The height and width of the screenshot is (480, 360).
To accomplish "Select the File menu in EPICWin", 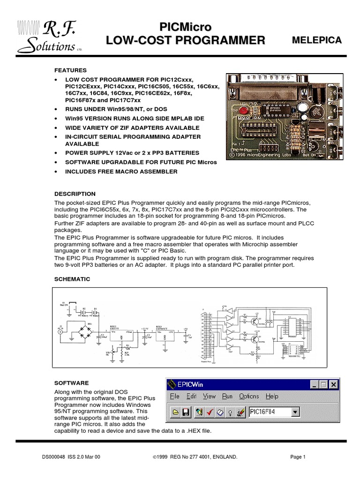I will pyautogui.click(x=174, y=397).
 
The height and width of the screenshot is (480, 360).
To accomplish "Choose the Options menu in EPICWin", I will pyautogui.click(x=248, y=397).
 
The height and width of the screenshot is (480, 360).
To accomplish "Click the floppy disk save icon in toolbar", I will pyautogui.click(x=186, y=412).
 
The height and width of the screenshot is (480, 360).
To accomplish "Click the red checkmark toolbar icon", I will pyautogui.click(x=209, y=412).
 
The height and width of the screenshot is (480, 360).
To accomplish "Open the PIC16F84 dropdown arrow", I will pyautogui.click(x=295, y=412).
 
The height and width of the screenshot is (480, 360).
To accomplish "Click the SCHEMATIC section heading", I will pyautogui.click(x=72, y=279).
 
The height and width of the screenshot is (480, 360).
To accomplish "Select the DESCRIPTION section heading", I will pyautogui.click(x=75, y=194).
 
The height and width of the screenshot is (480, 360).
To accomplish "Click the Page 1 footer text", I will pyautogui.click(x=298, y=457).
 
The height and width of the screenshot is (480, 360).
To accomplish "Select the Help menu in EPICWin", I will pyautogui.click(x=272, y=397).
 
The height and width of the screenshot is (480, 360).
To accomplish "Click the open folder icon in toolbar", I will pyautogui.click(x=176, y=412).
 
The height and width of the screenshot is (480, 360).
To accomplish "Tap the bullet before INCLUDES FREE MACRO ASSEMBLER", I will pyautogui.click(x=56, y=172).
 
